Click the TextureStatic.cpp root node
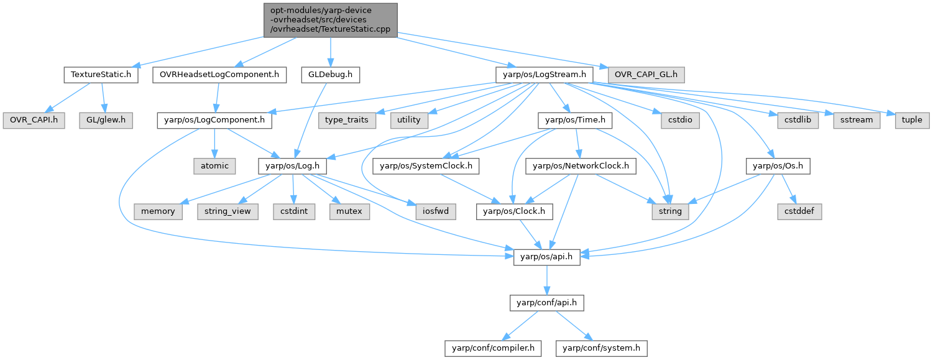click(x=329, y=19)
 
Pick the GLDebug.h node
click(x=330, y=75)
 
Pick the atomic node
click(x=214, y=166)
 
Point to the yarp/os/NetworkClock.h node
click(x=581, y=166)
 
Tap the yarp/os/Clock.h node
click(x=514, y=211)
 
